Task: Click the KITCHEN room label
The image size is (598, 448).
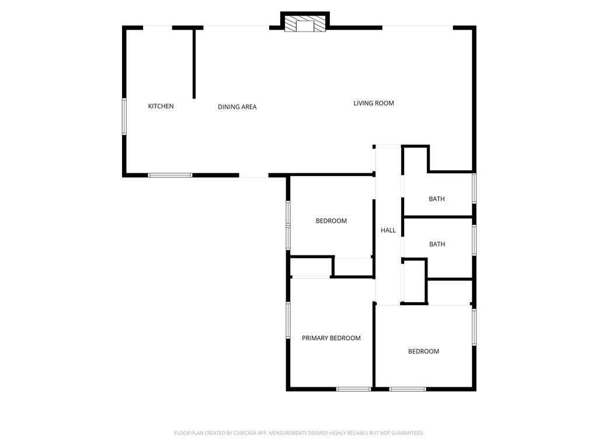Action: (x=161, y=106)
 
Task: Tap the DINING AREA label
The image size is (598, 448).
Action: (x=237, y=107)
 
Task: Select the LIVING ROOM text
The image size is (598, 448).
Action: (x=374, y=103)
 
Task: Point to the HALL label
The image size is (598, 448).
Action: (x=388, y=230)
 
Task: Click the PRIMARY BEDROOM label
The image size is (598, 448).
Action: (x=331, y=338)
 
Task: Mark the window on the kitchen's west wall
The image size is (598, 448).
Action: (x=124, y=116)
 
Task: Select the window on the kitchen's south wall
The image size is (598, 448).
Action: (x=170, y=174)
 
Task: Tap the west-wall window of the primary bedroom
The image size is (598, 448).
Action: (x=288, y=320)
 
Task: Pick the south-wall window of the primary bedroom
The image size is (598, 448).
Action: (x=353, y=389)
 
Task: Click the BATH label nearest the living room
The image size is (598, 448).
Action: (x=437, y=199)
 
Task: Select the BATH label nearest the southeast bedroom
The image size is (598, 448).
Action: (x=437, y=244)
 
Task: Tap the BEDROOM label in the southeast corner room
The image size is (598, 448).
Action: (x=423, y=351)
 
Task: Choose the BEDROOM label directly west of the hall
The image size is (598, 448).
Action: (x=331, y=220)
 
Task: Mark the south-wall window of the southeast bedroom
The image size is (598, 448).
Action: (x=408, y=389)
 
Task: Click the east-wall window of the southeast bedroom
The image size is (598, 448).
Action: (x=474, y=327)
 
